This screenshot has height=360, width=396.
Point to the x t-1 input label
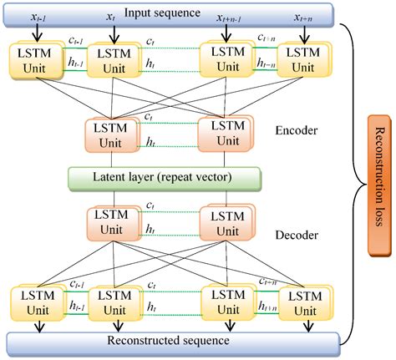click(35, 18)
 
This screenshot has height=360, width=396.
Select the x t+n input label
click(302, 18)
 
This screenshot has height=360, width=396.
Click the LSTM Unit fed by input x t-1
click(33, 61)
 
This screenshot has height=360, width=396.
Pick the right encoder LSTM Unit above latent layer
click(221, 134)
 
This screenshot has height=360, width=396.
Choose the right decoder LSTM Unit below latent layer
click(221, 225)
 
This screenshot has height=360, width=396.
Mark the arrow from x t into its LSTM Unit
click(110, 33)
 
